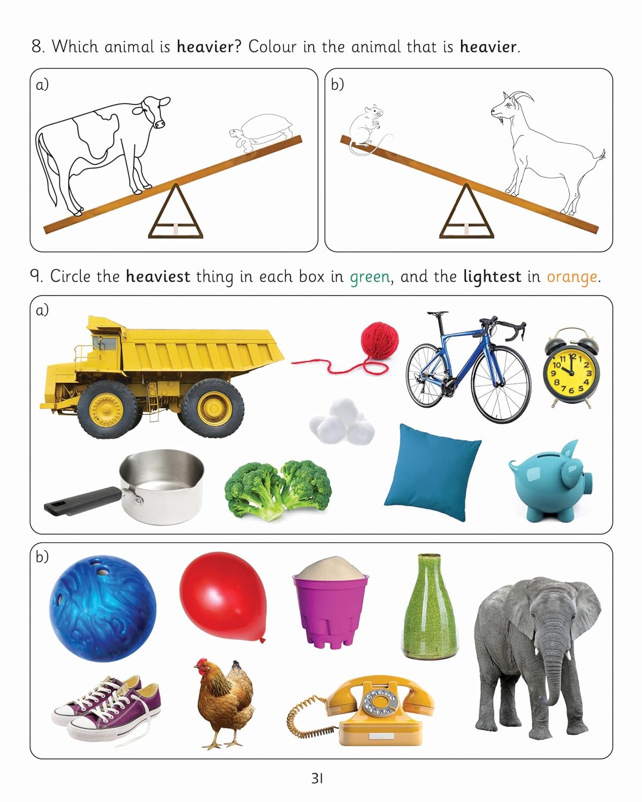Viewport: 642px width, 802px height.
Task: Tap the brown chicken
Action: click(x=225, y=700)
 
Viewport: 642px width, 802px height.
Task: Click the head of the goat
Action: click(x=508, y=107)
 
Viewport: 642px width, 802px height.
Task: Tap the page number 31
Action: click(x=317, y=778)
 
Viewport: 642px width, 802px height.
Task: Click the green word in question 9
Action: click(x=370, y=277)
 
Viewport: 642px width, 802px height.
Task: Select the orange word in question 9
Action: click(x=571, y=277)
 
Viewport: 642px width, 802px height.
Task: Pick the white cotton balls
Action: click(x=341, y=423)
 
